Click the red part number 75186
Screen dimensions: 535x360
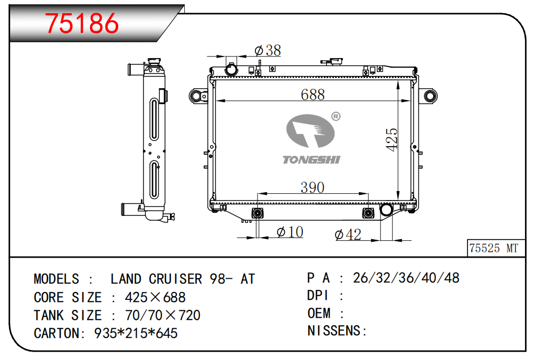pos(82,23)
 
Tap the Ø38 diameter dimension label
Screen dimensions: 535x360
pos(268,51)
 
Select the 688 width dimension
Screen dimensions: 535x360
pos(312,94)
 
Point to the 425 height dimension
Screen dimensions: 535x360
pos(391,139)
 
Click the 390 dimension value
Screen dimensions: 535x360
pos(312,187)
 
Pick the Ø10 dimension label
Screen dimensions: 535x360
pos(290,232)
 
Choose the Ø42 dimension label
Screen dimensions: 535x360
pos(348,234)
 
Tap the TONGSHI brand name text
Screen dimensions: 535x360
pos(311,160)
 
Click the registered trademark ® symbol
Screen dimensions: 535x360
pos(336,116)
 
